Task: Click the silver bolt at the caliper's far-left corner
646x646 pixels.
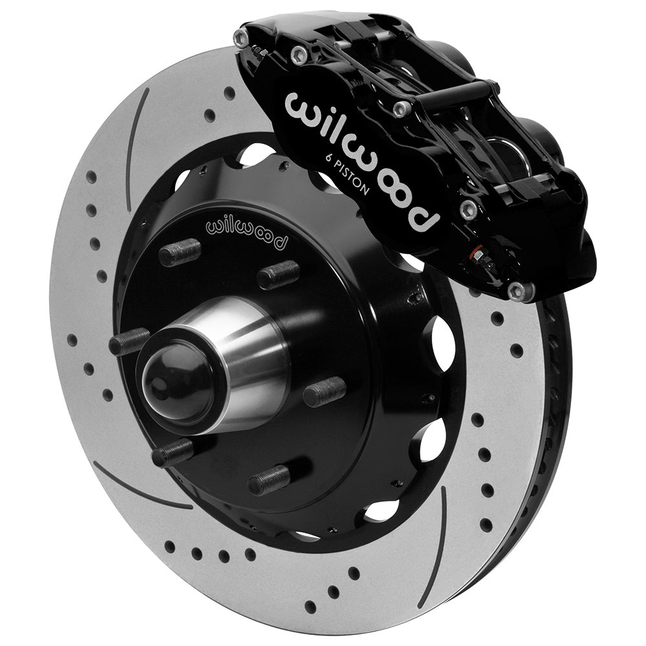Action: point(242,37)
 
